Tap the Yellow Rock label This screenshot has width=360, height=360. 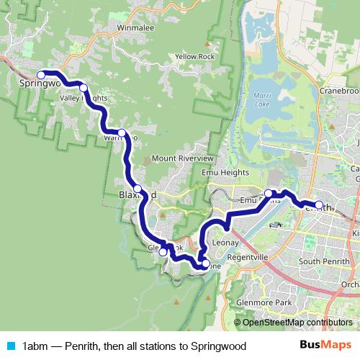coord(194,56)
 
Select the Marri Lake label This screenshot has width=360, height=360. coord(263,99)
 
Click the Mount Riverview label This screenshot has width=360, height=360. coord(183,158)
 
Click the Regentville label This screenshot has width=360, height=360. coord(247,257)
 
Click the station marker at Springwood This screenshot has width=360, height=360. coord(41,74)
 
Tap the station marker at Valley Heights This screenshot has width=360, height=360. coord(84,88)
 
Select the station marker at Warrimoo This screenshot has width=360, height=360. coord(122,132)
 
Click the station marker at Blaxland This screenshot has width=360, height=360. coord(138,188)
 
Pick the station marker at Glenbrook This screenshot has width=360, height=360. coord(163,252)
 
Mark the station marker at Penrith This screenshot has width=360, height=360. coord(319,205)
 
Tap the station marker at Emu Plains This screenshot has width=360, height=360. coord(268,193)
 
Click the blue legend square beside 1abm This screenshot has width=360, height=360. coord(9,346)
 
